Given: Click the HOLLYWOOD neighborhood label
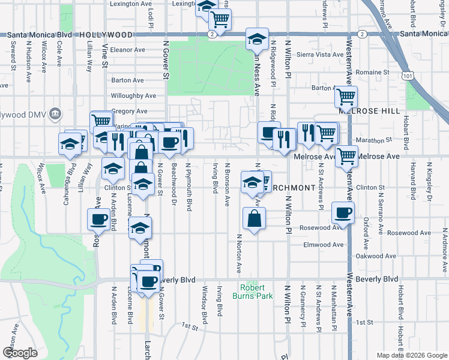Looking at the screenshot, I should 105,35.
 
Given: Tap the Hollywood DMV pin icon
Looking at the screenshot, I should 55,112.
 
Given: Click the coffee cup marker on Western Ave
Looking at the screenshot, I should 343,212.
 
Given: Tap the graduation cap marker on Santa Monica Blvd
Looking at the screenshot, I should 257,39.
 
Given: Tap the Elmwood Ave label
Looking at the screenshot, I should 324,245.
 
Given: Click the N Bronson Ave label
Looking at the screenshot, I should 227,181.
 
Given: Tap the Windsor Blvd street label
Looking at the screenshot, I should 204,306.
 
